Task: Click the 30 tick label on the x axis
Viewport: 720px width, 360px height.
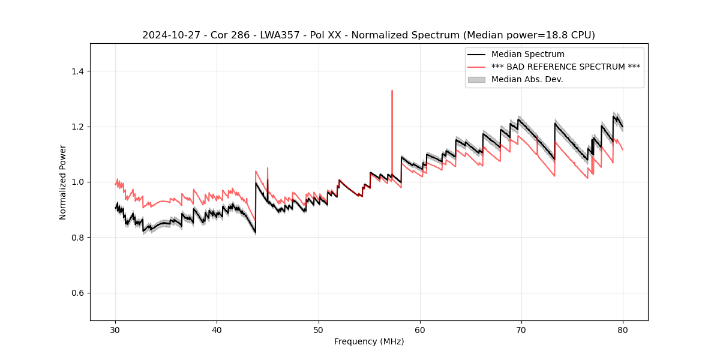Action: tap(116, 330)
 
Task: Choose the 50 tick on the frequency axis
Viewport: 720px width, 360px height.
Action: tap(319, 321)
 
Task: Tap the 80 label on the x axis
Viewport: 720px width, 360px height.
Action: tap(623, 330)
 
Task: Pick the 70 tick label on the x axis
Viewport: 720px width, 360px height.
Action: tap(521, 330)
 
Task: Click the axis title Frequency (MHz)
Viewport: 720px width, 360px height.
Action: tap(369, 341)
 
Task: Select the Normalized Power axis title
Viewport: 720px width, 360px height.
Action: tap(63, 182)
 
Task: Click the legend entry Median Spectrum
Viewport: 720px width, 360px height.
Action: tap(527, 55)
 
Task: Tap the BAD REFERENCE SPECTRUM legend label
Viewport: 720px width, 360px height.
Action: tap(565, 67)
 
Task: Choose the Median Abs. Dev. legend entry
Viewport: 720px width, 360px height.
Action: tap(527, 79)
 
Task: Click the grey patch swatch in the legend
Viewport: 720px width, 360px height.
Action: tap(476, 79)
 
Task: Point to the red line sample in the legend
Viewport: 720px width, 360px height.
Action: tap(476, 67)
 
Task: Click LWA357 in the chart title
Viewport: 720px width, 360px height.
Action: tap(280, 35)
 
